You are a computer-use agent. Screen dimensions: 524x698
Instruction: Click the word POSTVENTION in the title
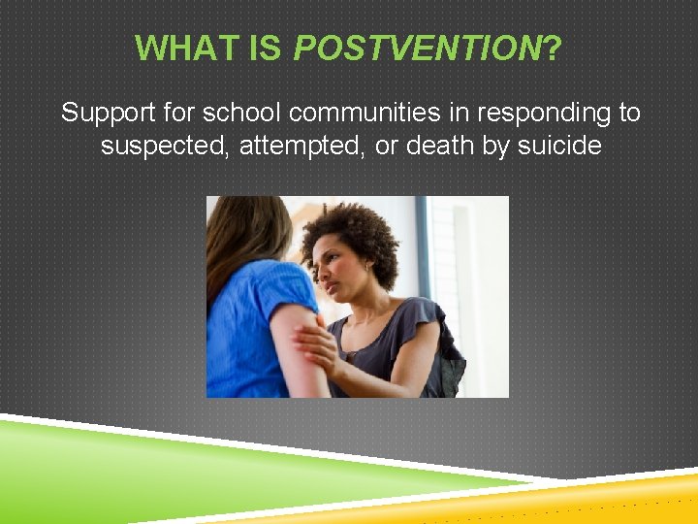click(417, 47)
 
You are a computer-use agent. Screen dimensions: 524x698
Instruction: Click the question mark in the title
click(553, 47)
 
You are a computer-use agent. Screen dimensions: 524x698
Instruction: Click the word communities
click(365, 114)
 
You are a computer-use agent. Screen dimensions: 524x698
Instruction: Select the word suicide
click(559, 147)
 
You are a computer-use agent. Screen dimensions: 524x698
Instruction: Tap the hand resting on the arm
click(316, 344)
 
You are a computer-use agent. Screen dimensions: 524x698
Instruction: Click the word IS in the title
click(264, 47)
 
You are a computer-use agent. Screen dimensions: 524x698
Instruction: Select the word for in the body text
click(178, 114)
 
